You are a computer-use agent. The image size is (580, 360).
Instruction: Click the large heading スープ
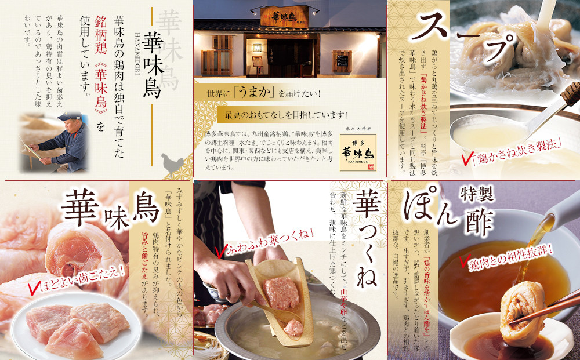pyautogui.click(x=464, y=35)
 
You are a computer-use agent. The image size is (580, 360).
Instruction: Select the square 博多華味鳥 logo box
pyautogui.click(x=358, y=152)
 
